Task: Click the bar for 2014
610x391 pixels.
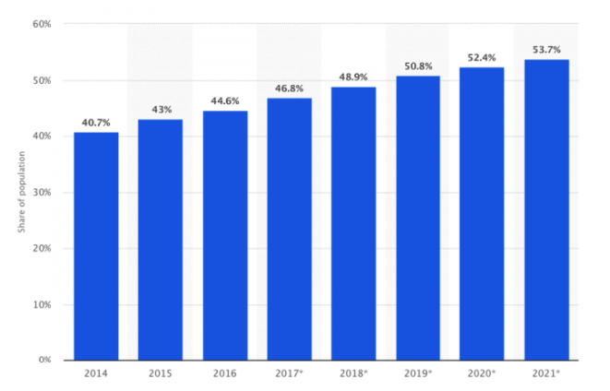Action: click(96, 246)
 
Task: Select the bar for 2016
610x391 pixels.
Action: click(225, 235)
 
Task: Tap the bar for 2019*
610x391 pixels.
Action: click(418, 218)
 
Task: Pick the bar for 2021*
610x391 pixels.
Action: click(546, 209)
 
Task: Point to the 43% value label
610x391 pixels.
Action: click(161, 109)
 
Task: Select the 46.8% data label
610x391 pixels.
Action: click(289, 88)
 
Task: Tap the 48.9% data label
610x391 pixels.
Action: click(353, 77)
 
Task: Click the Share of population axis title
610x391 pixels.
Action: click(20, 192)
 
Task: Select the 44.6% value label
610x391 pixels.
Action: click(225, 101)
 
